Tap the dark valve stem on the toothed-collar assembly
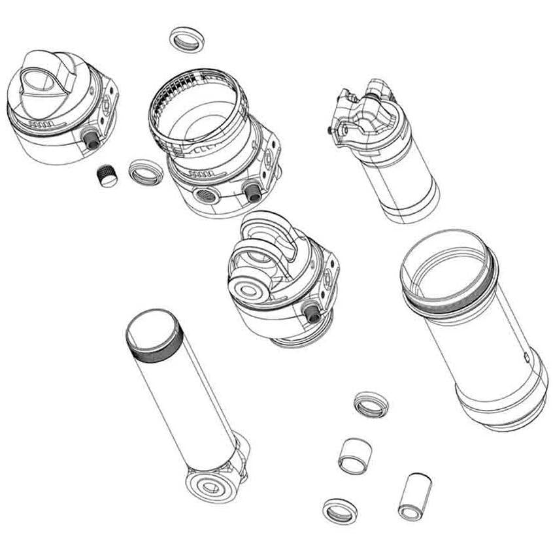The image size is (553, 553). (x=250, y=190)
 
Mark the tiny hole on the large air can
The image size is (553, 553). (x=526, y=357)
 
